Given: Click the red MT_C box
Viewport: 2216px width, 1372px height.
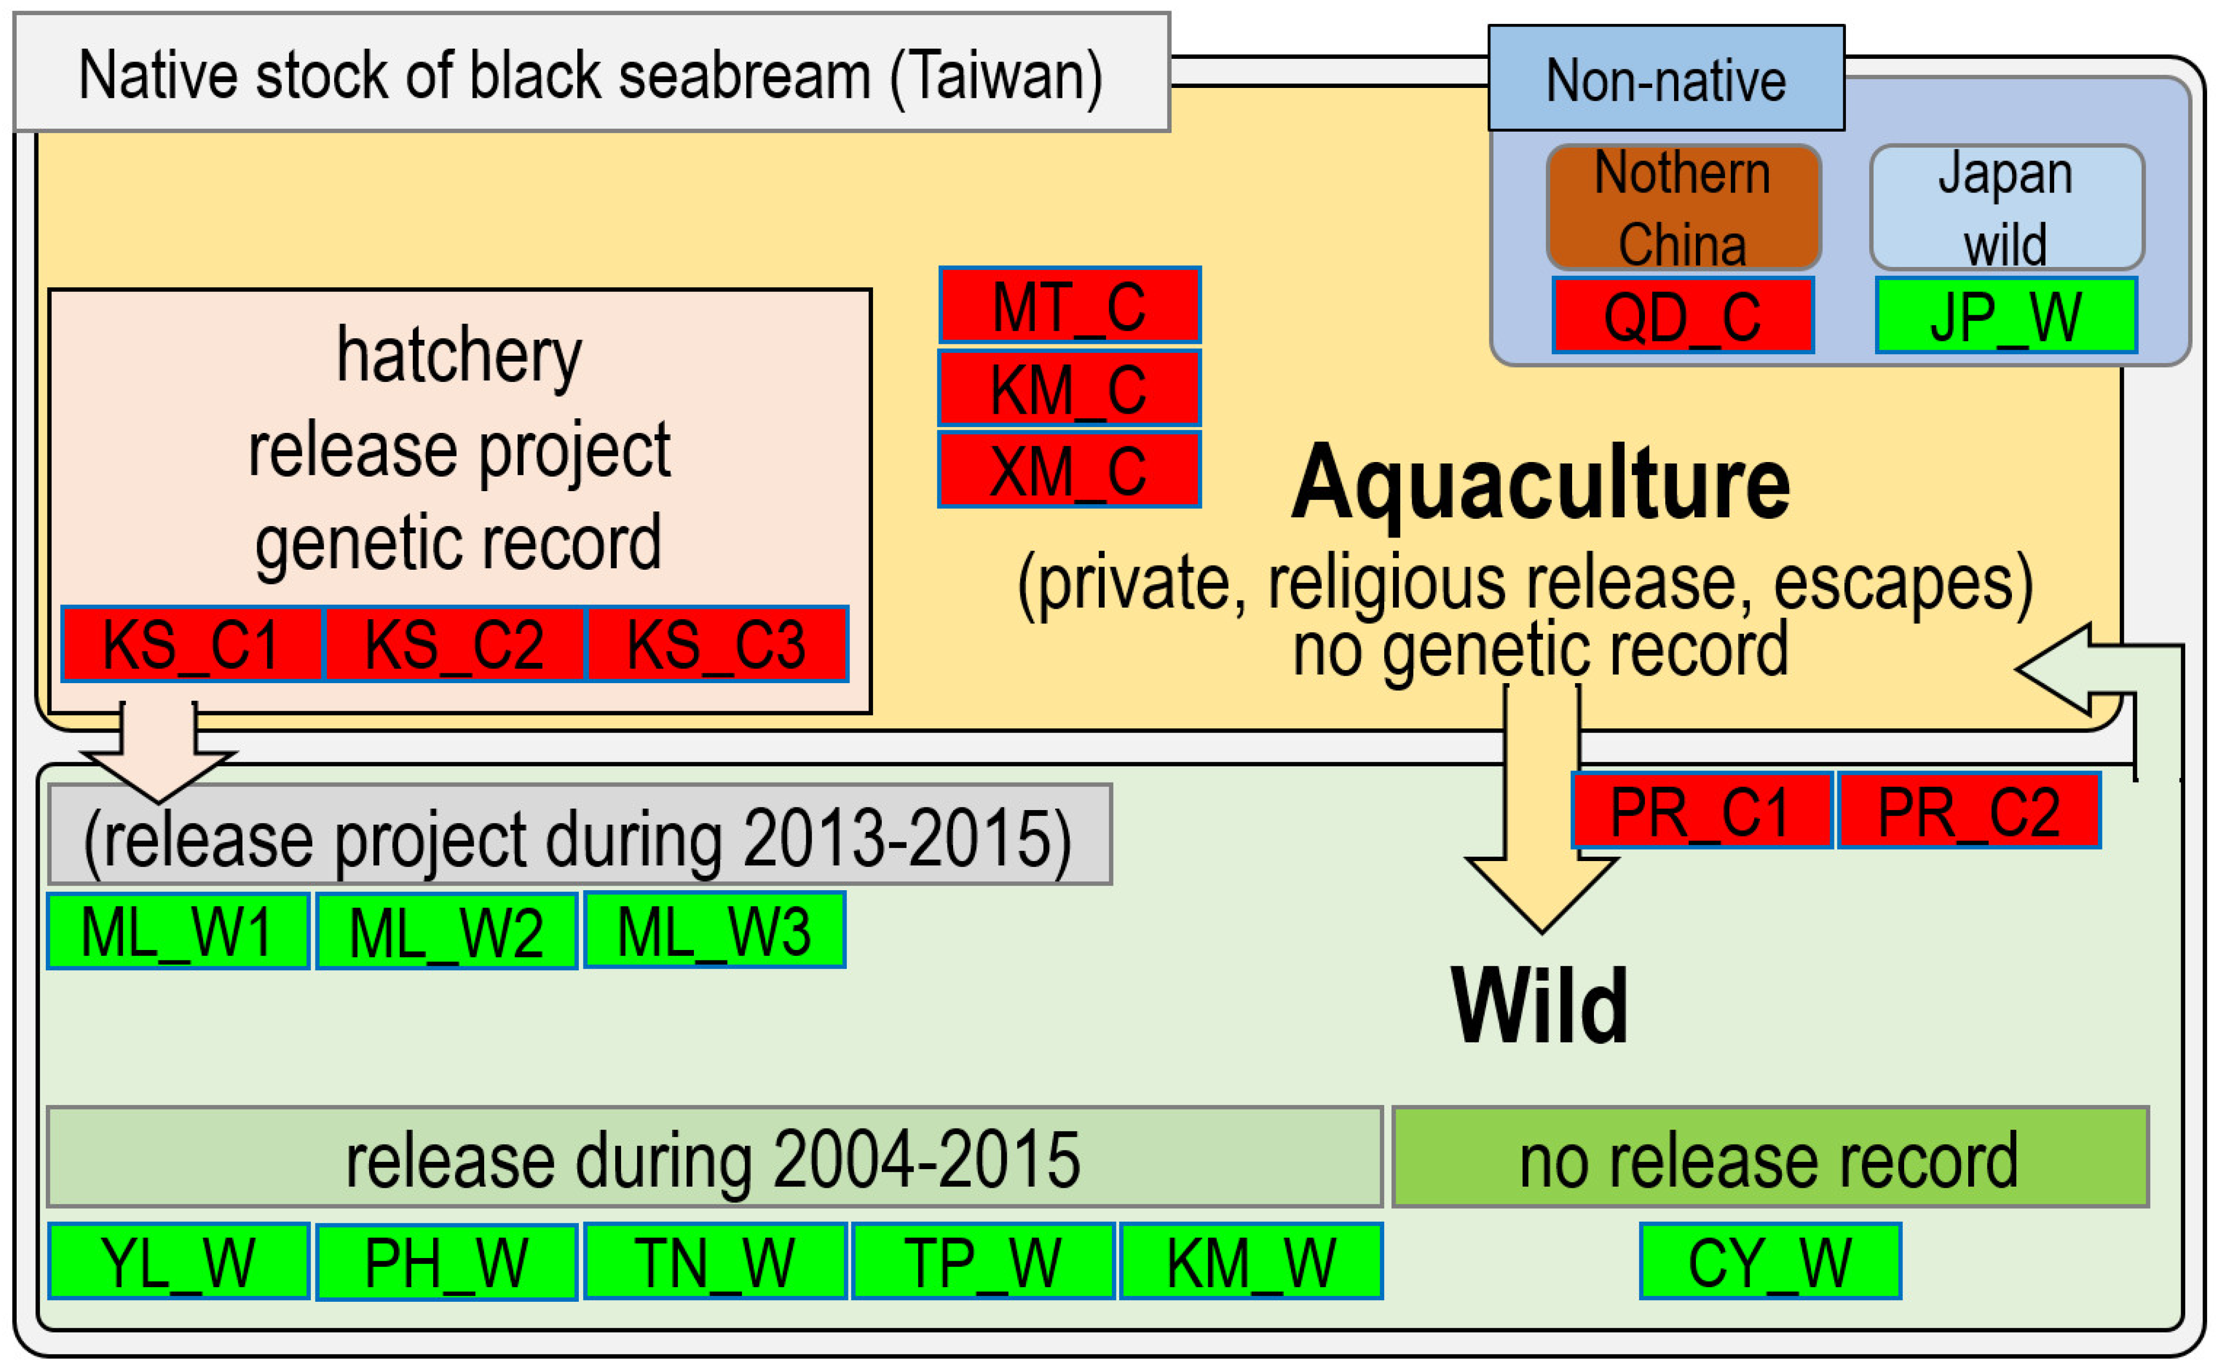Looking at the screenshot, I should pos(1069,306).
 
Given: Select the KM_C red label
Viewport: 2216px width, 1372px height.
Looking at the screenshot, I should pos(1069,388).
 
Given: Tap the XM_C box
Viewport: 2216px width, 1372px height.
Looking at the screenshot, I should pos(1069,470).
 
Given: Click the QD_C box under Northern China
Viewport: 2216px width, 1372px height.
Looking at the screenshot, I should pos(1682,316).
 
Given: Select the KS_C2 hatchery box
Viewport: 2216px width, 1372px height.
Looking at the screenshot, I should pos(454,644).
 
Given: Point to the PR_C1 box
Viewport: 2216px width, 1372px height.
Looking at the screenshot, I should pos(1701,810).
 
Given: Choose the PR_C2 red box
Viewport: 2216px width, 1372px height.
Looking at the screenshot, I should pos(1968,810).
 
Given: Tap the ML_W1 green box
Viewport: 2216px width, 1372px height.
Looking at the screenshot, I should pos(178,931).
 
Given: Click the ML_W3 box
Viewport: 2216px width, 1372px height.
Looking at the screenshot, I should pos(714,931).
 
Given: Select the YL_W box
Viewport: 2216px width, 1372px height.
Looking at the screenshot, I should pos(178,1261).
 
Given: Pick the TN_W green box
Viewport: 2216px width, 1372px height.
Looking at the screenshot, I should pos(714,1261).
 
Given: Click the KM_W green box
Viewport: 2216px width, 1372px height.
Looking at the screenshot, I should pos(1251,1261).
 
